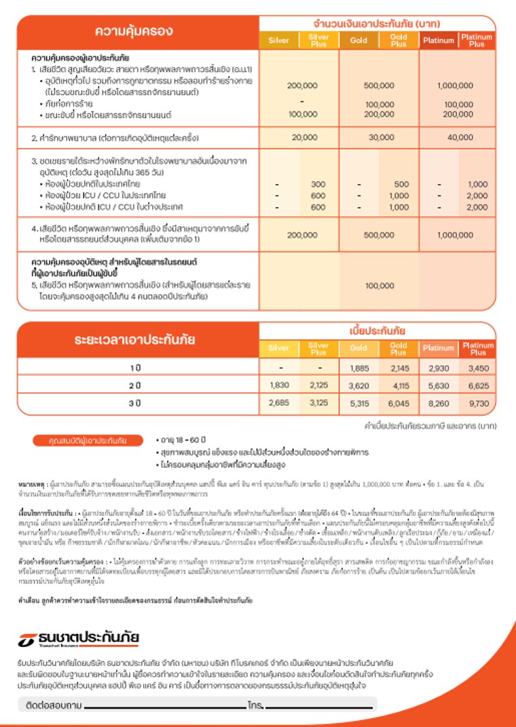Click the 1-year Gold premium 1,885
tap(358, 368)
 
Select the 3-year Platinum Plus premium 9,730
tap(478, 403)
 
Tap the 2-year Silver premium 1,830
tap(279, 386)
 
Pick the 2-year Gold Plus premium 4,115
tap(398, 386)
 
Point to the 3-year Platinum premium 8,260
tap(438, 403)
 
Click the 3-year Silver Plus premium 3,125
tap(318, 403)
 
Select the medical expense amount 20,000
tap(299, 138)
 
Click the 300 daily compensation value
tap(318, 185)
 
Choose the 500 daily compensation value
tap(401, 185)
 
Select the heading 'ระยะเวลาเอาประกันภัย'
tap(135, 340)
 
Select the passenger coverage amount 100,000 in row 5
tap(379, 286)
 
